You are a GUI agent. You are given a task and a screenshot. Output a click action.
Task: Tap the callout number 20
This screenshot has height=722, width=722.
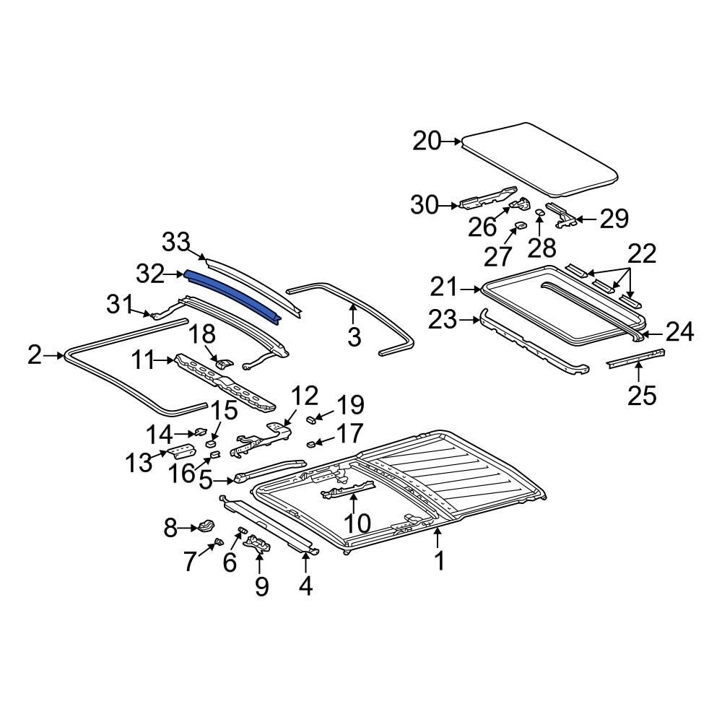(x=427, y=141)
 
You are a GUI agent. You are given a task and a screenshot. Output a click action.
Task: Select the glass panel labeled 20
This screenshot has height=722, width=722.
(x=541, y=159)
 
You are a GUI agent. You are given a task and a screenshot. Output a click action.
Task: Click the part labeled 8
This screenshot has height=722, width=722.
(x=207, y=525)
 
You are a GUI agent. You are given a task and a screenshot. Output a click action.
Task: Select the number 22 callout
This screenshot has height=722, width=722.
(x=642, y=253)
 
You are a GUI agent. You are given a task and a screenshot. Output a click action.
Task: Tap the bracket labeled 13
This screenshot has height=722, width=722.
(x=179, y=453)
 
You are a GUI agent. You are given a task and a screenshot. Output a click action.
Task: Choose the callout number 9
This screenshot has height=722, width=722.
(x=261, y=586)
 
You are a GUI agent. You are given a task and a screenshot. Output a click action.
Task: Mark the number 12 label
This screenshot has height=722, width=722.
(x=305, y=396)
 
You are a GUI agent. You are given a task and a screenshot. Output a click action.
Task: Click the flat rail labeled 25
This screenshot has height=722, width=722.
(x=635, y=357)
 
